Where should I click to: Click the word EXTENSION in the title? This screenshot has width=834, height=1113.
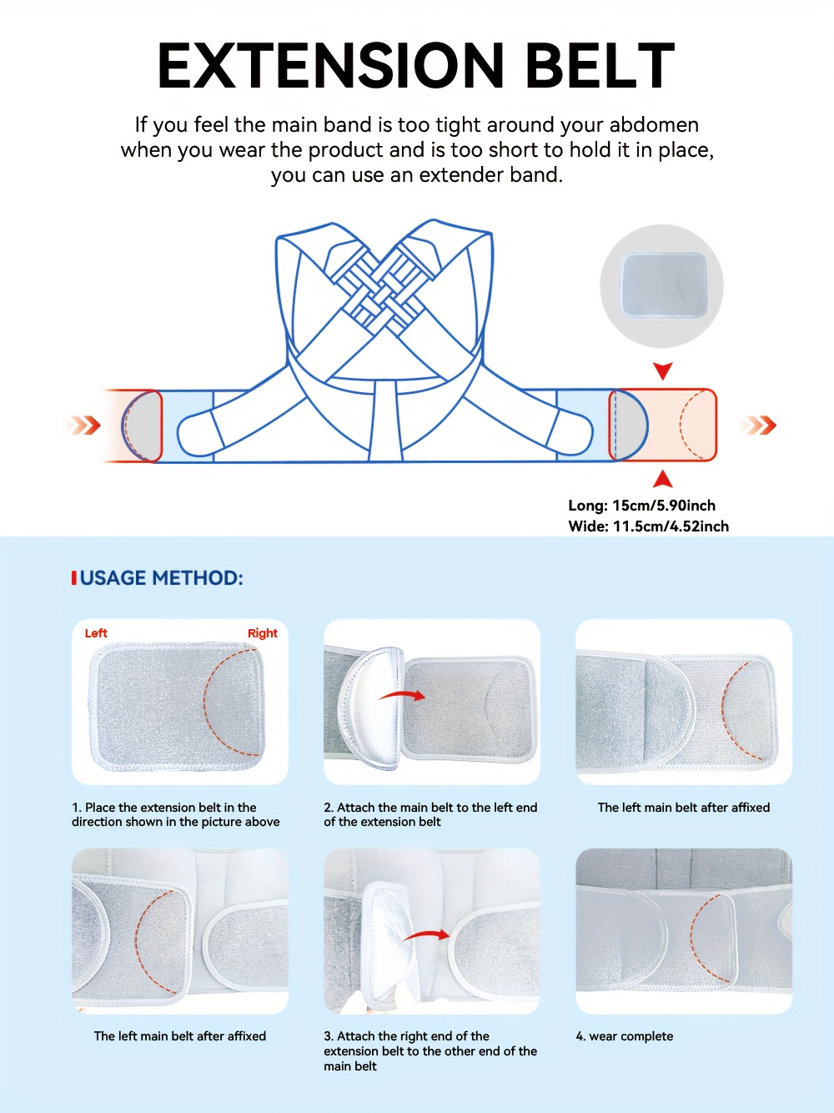[x=330, y=66]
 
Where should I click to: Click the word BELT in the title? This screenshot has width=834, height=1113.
[x=600, y=66]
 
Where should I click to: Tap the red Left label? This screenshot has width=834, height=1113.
[x=96, y=633]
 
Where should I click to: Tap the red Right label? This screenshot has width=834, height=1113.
[x=262, y=633]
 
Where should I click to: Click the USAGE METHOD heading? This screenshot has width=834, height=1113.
[x=162, y=578]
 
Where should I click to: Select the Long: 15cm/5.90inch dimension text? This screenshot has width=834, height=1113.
[x=641, y=506]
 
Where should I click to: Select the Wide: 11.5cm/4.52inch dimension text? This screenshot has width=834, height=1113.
[x=648, y=526]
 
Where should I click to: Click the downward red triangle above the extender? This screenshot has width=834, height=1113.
[x=663, y=370]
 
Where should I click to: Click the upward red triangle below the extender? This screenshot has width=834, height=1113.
[x=663, y=479]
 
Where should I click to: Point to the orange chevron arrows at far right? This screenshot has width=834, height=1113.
[x=760, y=426]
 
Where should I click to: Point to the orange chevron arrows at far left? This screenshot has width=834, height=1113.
[x=84, y=426]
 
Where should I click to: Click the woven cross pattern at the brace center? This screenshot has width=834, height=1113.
[x=384, y=289]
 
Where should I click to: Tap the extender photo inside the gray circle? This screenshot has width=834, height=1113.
[x=663, y=285]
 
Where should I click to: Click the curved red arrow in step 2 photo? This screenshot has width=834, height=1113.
[x=403, y=694]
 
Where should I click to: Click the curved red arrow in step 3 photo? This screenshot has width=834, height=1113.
[x=426, y=936]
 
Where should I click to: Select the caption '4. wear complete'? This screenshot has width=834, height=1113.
[x=625, y=1036]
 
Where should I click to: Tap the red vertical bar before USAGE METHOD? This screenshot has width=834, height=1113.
[x=74, y=578]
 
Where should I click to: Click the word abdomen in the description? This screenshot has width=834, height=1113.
[x=654, y=125]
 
